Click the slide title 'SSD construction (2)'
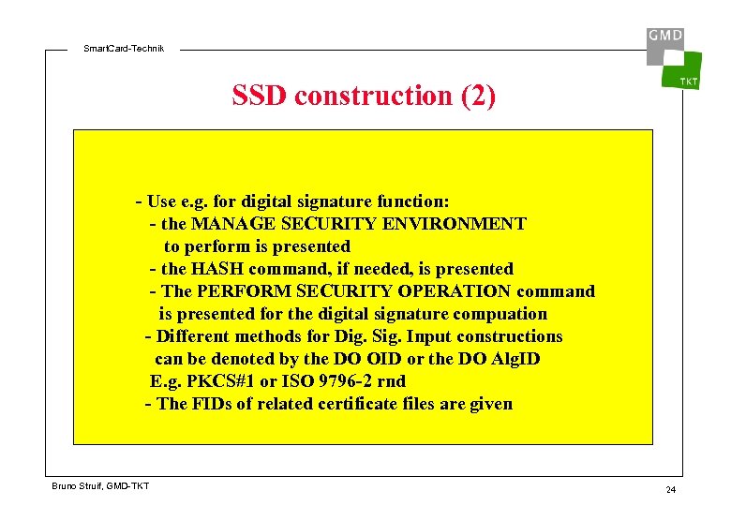364,96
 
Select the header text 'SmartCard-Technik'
124,48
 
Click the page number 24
670,490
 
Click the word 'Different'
195,336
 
